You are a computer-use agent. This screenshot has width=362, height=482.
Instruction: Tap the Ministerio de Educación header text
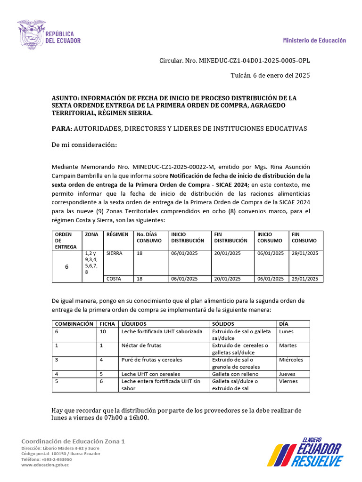[x=314, y=40]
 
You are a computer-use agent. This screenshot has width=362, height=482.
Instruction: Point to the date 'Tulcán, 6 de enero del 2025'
[x=270, y=75]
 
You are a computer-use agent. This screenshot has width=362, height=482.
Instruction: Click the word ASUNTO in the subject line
[x=66, y=98]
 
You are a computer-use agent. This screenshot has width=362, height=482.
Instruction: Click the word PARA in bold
[x=61, y=129]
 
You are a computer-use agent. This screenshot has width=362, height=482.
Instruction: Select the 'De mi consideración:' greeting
[x=84, y=145]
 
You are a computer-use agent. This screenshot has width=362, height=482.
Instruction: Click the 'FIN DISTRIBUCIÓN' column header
[x=230, y=237]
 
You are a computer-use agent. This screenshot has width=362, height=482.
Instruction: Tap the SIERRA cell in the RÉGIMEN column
[x=115, y=253]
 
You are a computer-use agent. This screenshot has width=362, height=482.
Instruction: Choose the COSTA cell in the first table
[x=114, y=279]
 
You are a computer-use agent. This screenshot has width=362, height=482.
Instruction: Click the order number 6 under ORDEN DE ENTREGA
[x=66, y=266]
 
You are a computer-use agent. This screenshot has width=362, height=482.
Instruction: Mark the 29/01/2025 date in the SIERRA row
[x=304, y=253]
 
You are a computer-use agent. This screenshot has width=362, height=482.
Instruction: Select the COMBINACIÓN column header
[x=74, y=324]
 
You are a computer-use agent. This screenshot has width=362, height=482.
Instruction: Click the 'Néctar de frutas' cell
[x=141, y=345]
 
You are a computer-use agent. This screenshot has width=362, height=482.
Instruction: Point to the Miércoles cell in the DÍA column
[x=291, y=360]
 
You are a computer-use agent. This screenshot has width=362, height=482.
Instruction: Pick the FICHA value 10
[x=102, y=331]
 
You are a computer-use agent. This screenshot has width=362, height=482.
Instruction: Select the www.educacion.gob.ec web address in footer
[x=45, y=465]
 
